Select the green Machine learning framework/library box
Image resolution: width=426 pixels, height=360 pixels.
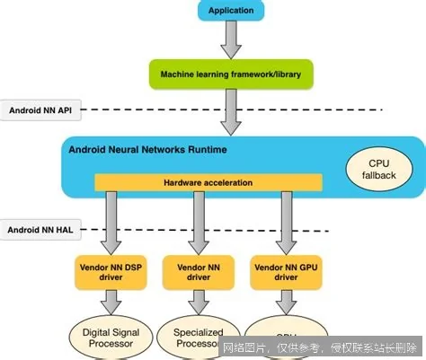point(231,73)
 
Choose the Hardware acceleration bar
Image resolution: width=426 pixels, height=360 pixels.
point(208,182)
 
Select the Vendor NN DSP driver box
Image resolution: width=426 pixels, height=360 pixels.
point(110,272)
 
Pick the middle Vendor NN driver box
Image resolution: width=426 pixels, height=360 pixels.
point(196,272)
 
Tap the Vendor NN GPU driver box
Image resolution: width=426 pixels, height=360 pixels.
point(287,272)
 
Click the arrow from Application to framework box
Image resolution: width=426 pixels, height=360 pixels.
point(231,38)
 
